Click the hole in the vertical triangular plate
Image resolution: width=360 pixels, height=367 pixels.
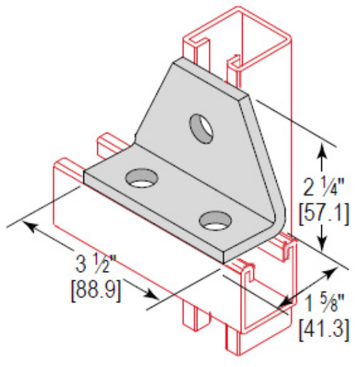tap(201, 127)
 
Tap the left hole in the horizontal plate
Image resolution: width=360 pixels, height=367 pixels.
tap(141, 178)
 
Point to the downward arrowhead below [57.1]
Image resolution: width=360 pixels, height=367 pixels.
tap(322, 244)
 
